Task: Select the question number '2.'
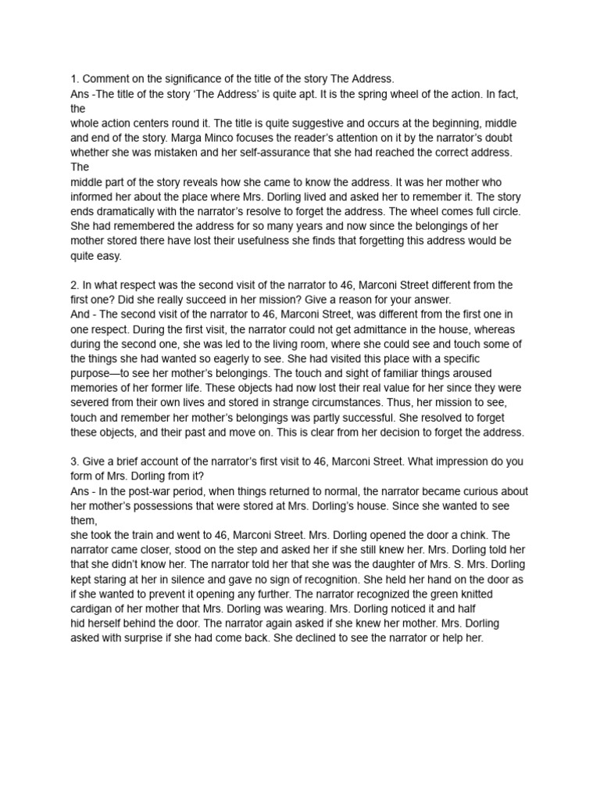[x=75, y=286]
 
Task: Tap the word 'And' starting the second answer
[x=80, y=314]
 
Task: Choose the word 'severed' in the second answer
[x=92, y=403]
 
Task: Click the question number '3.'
[x=75, y=462]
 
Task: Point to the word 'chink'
[x=494, y=535]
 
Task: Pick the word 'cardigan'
[x=95, y=609]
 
